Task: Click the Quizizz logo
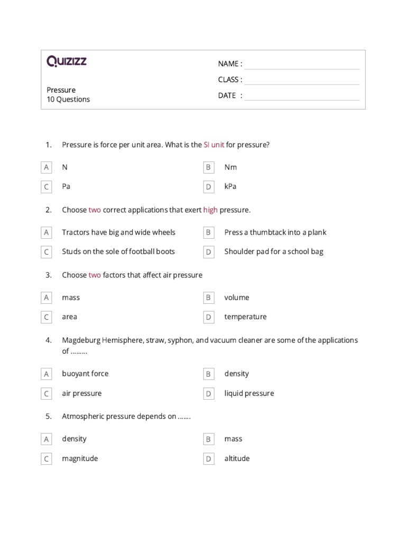point(67,62)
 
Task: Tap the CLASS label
point(230,80)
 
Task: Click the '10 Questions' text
point(68,100)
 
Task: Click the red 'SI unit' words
point(214,144)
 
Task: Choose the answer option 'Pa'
point(66,187)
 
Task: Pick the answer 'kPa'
point(230,187)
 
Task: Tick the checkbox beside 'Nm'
point(209,168)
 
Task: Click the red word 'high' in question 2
point(210,210)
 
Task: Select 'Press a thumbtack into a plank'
point(275,232)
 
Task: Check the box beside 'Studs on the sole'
point(47,252)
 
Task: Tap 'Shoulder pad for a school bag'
point(273,252)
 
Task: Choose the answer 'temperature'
point(245,317)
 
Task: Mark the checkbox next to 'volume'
point(209,298)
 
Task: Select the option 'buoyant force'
point(85,374)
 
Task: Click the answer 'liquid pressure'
point(249,394)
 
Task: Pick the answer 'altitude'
point(237,459)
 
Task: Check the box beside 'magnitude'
point(47,459)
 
